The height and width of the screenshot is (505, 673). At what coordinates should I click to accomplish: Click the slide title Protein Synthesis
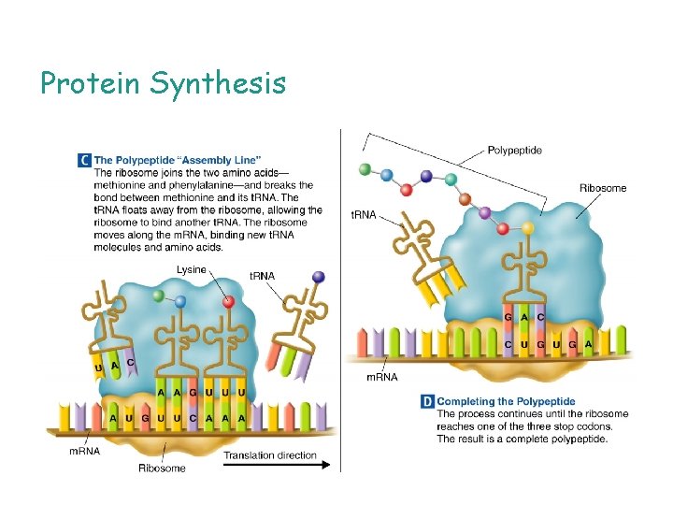pyautogui.click(x=163, y=84)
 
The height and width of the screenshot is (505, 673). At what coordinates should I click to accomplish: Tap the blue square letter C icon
pyautogui.click(x=84, y=161)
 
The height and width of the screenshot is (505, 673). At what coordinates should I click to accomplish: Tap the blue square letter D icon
pyautogui.click(x=427, y=401)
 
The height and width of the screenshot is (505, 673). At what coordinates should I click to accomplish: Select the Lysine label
pyautogui.click(x=192, y=270)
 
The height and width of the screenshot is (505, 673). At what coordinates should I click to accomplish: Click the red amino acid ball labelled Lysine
pyautogui.click(x=228, y=301)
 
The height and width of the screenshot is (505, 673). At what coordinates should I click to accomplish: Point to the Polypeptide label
pyautogui.click(x=514, y=150)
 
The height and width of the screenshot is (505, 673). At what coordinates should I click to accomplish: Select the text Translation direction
pyautogui.click(x=271, y=455)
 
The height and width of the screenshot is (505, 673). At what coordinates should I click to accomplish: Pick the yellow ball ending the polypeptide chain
pyautogui.click(x=528, y=227)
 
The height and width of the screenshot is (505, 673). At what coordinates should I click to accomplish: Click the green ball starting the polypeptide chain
pyautogui.click(x=364, y=170)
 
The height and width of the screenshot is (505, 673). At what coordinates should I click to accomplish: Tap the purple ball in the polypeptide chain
pyautogui.click(x=484, y=213)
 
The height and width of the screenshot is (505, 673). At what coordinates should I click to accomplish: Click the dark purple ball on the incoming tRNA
pyautogui.click(x=319, y=277)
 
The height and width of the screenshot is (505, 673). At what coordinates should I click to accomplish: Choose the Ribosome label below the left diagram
pyautogui.click(x=162, y=469)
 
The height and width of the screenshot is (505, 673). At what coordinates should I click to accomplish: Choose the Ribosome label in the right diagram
pyautogui.click(x=603, y=188)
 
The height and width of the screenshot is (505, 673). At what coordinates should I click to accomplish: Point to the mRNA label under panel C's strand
pyautogui.click(x=85, y=452)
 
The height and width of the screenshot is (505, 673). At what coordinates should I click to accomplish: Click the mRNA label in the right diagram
pyautogui.click(x=380, y=377)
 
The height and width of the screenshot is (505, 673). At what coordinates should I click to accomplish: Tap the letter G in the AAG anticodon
pyautogui.click(x=193, y=392)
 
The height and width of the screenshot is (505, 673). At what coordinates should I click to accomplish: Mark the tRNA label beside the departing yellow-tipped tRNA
pyautogui.click(x=363, y=215)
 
